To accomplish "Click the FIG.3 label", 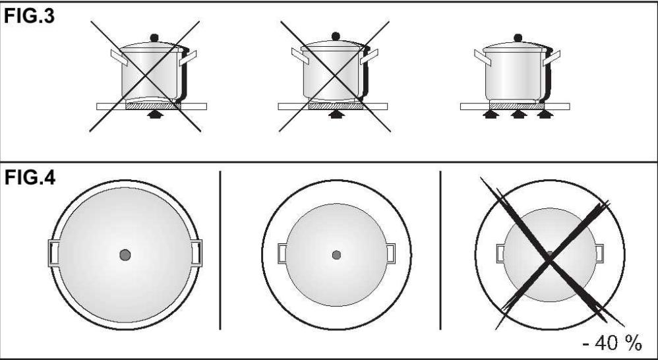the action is click(30, 16).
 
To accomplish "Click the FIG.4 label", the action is click(30, 178).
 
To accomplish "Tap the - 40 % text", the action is click(613, 344).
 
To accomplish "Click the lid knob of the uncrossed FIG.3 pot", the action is click(518, 38).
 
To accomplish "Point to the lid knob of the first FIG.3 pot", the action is click(154, 38).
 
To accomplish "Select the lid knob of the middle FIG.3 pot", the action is click(336, 36).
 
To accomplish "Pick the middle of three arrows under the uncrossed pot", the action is click(518, 114).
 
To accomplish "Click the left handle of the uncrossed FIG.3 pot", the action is click(483, 58).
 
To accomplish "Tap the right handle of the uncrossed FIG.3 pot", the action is click(551, 58).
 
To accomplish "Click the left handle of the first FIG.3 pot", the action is click(119, 58).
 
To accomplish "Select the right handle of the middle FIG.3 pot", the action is click(369, 56).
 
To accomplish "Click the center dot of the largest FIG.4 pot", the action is click(125, 255).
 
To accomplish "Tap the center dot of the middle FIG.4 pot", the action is click(336, 255).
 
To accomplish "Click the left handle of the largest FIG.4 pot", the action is click(53, 253).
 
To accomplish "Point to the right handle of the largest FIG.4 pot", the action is click(196, 253).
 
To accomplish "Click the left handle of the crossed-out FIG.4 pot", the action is click(500, 253).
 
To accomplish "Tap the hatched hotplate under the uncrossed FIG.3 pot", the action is click(517, 106).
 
